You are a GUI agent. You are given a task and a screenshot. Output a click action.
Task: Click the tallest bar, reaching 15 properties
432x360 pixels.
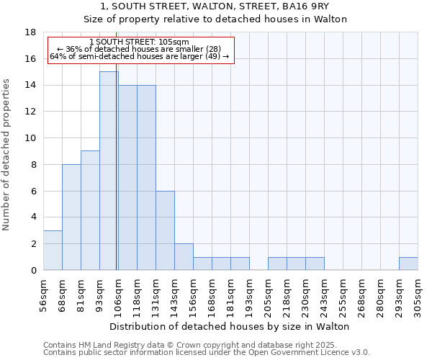(x=109, y=171)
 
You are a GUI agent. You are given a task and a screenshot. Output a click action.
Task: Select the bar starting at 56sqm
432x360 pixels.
(x=53, y=250)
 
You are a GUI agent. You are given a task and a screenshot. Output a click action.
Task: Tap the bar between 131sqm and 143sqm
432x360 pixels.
(x=165, y=230)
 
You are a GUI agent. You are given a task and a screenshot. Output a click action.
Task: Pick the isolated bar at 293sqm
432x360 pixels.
(x=408, y=264)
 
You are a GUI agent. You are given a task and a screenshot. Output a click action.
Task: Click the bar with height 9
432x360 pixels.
(x=90, y=210)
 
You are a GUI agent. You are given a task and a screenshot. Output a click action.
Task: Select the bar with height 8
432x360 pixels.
(x=71, y=217)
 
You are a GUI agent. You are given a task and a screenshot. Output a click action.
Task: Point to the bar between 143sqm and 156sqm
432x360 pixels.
(x=184, y=257)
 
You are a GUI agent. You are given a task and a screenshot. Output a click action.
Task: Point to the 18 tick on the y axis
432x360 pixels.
(x=31, y=32)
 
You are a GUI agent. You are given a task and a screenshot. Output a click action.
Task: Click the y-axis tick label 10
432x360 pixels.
(x=31, y=138)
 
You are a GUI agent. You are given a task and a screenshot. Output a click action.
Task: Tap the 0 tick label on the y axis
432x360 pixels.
(x=34, y=270)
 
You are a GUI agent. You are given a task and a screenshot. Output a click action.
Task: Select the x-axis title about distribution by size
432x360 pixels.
(x=230, y=326)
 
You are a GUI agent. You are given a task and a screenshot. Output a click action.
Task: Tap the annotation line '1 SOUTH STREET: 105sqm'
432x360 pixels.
(x=140, y=42)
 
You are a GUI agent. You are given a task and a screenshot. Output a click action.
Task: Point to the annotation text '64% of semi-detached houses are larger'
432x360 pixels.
(x=140, y=56)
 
